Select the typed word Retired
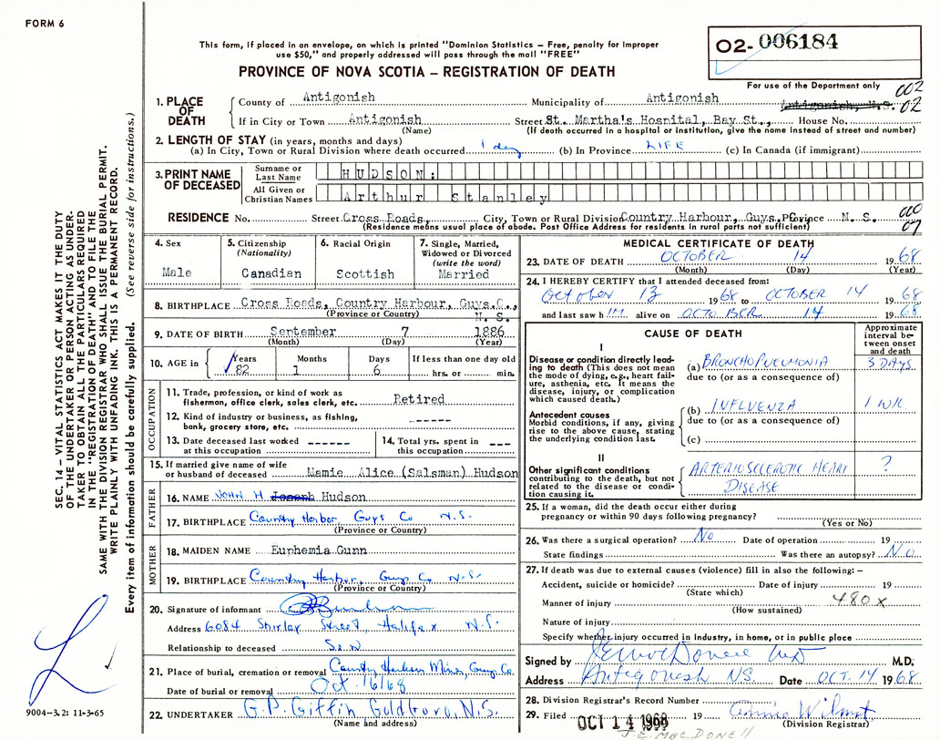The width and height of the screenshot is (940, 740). [x=419, y=399]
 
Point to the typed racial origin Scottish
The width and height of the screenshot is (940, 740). [x=364, y=273]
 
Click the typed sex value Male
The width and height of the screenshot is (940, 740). [x=177, y=273]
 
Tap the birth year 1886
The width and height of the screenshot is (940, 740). [x=487, y=333]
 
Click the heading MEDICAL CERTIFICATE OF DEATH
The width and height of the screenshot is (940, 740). [x=719, y=243]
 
